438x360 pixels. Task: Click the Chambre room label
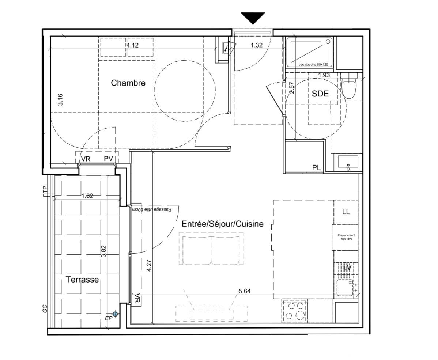[128, 83]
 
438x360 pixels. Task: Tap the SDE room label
[320, 94]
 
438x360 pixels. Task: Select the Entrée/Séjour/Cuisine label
[222, 224]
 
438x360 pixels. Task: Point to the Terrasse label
[82, 280]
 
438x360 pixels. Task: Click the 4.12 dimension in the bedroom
[133, 45]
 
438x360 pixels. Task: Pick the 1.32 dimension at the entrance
[257, 45]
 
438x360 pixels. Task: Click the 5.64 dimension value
[245, 291]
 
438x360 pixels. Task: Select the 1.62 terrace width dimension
[87, 196]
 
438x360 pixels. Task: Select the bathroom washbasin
[348, 162]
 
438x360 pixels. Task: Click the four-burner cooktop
[294, 312]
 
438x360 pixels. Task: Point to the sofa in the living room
[211, 250]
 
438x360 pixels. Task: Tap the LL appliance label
[346, 212]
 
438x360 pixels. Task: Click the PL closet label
[316, 168]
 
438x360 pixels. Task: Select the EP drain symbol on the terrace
[116, 314]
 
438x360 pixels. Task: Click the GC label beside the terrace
[45, 308]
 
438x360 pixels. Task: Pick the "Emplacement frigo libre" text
[346, 237]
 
